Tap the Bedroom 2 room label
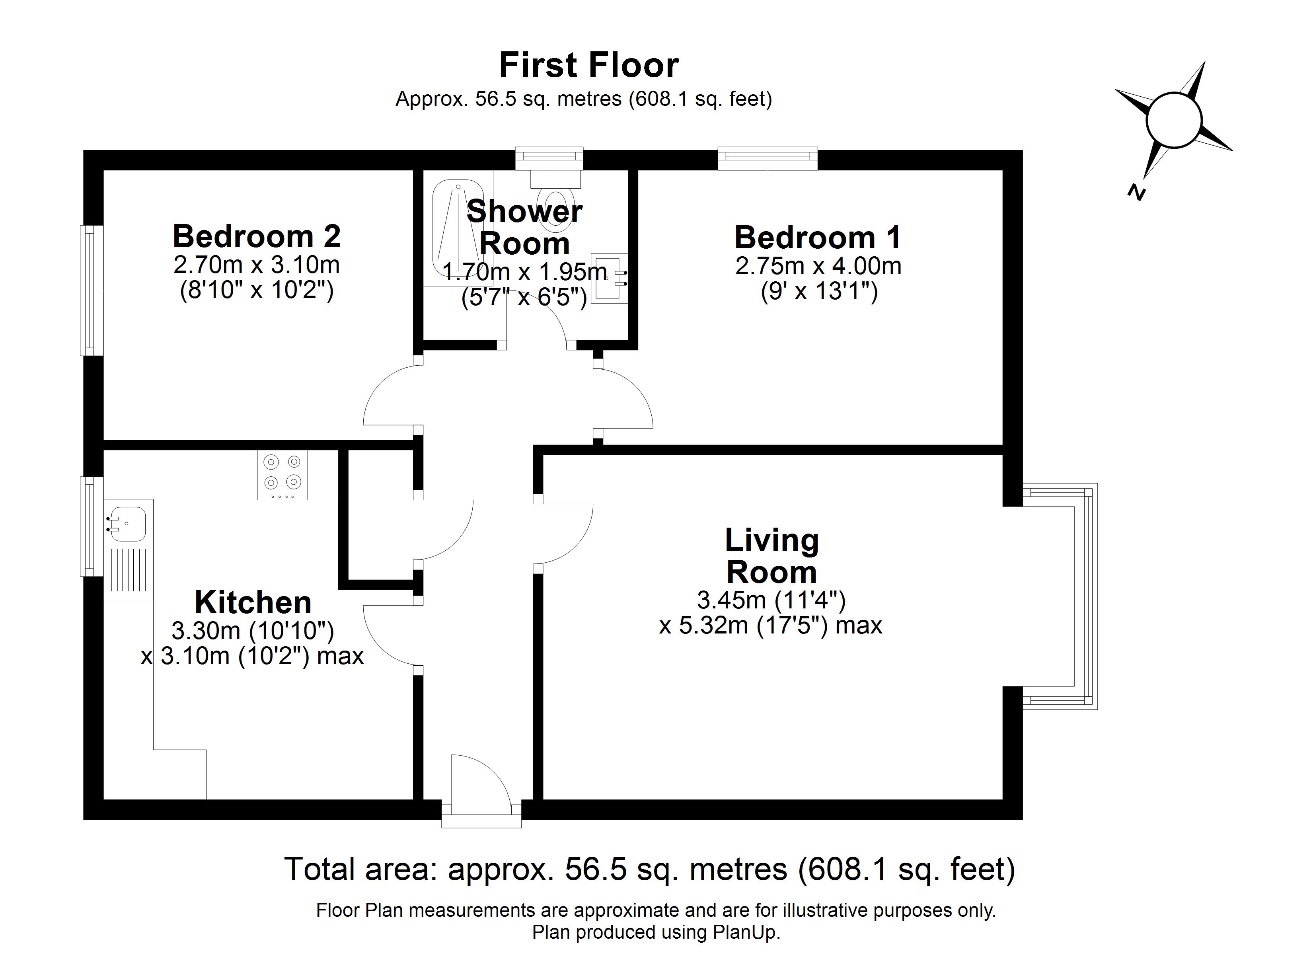(257, 236)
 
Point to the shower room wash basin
(608, 279)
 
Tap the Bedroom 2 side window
(90, 290)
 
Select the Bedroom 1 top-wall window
(767, 158)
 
